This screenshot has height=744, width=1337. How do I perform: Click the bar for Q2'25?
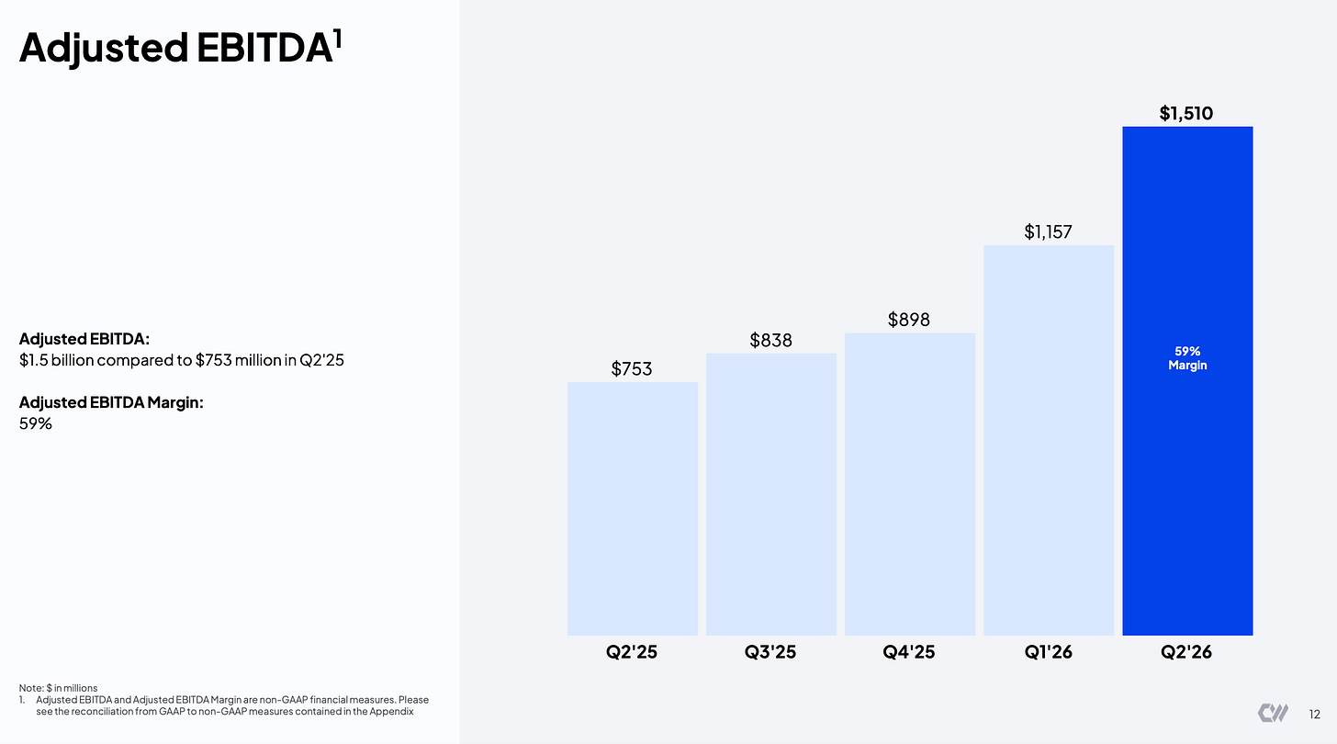point(632,509)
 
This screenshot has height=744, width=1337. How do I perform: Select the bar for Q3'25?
point(771,494)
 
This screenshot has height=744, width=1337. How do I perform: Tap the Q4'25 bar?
point(910,484)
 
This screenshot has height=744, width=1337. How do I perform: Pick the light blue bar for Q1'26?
point(1049,440)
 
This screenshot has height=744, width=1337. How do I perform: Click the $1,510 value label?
point(1186,114)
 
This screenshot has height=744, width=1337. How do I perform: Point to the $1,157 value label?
point(1048,231)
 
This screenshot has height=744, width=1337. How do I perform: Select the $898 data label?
point(908,320)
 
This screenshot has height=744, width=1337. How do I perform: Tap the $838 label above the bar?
point(770,341)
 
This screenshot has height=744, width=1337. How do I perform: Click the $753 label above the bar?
point(632,369)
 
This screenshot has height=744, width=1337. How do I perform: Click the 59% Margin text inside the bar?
point(1187,358)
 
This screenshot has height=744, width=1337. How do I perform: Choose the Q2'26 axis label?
point(1186,651)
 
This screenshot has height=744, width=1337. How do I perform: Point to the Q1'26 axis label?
point(1048,651)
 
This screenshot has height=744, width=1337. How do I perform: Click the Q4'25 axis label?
point(908,651)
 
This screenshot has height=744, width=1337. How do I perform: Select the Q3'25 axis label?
point(770,651)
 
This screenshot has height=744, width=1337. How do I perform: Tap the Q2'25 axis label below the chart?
point(632,651)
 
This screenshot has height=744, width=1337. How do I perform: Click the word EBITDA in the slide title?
point(264,47)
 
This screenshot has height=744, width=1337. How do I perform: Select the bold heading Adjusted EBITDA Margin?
point(111,402)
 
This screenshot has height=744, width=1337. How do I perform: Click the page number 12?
point(1314,714)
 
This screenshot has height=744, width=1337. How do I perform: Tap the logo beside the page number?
point(1273,713)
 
